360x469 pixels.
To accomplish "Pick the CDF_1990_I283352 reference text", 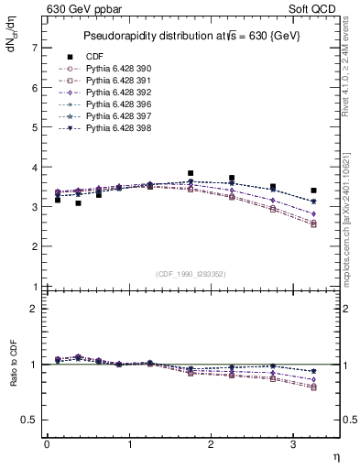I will tap(191, 274).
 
